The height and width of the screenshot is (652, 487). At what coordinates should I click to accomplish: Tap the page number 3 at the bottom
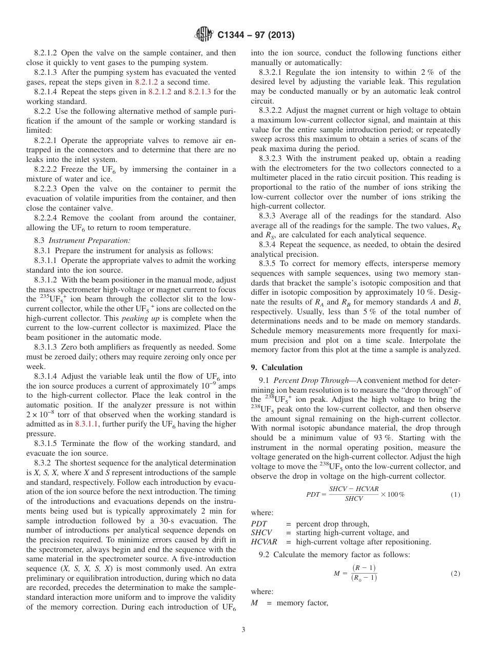[x=243, y=630]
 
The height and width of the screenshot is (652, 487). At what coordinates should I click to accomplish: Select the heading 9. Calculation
[x=277, y=368]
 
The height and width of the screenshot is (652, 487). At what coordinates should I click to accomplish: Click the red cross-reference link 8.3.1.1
[x=86, y=424]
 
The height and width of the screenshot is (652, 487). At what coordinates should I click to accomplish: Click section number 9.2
[x=265, y=555]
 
